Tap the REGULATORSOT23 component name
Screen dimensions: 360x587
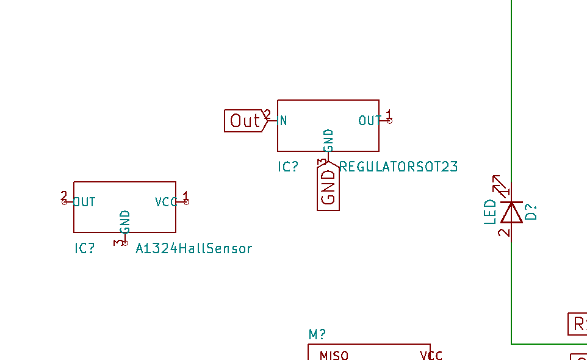pyautogui.click(x=398, y=167)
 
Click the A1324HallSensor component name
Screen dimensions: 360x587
pyautogui.click(x=193, y=248)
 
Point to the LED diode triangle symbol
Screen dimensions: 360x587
pyautogui.click(x=511, y=212)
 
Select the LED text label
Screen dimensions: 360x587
pyautogui.click(x=491, y=212)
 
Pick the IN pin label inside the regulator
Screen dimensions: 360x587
pyautogui.click(x=283, y=121)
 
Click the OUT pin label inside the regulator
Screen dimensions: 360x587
pyautogui.click(x=369, y=121)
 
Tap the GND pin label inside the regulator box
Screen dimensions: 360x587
pyautogui.click(x=329, y=140)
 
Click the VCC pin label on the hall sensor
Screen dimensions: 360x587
pyautogui.click(x=165, y=202)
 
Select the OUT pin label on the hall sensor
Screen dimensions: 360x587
pyautogui.click(x=85, y=202)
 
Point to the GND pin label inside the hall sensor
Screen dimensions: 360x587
pyautogui.click(x=126, y=221)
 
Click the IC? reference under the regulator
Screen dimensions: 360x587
pyautogui.click(x=288, y=167)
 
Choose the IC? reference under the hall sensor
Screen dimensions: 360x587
pyautogui.click(x=85, y=248)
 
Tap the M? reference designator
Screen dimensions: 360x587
pyautogui.click(x=317, y=334)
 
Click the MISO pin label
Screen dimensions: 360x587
pyautogui.click(x=334, y=355)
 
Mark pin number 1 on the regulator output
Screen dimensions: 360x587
pyautogui.click(x=389, y=114)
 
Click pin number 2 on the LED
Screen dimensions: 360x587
pyautogui.click(x=503, y=232)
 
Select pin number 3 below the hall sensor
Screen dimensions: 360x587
pyautogui.click(x=117, y=242)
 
